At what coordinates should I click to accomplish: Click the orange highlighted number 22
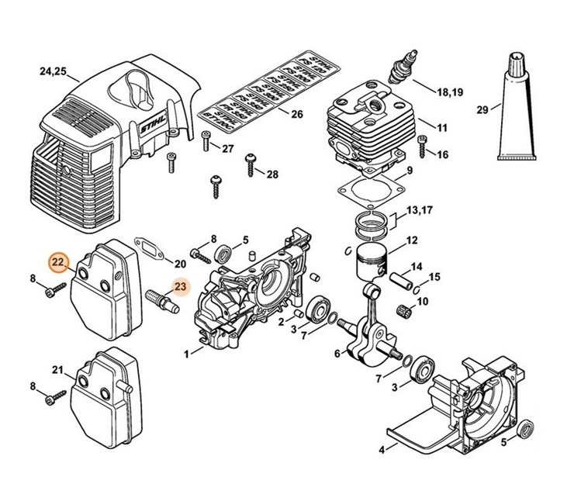(57, 264)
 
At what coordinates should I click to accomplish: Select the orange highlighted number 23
(180, 287)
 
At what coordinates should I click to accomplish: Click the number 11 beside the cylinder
(442, 126)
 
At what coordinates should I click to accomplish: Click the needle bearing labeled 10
(402, 307)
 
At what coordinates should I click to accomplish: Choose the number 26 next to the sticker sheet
(296, 115)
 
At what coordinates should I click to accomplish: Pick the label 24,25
(53, 74)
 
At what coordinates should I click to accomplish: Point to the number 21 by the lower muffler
(57, 368)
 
